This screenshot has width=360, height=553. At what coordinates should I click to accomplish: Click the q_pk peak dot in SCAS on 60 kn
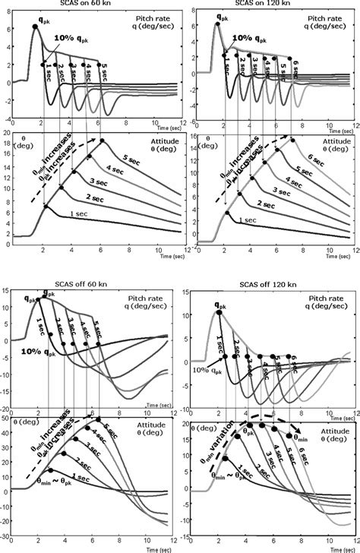pyautogui.click(x=35, y=27)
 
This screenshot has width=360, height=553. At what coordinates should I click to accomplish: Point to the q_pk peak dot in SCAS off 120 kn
pyautogui.click(x=219, y=311)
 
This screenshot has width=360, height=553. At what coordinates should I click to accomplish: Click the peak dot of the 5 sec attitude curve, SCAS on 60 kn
pyautogui.click(x=103, y=140)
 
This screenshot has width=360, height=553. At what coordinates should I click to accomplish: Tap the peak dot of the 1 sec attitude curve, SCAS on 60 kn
pyautogui.click(x=46, y=205)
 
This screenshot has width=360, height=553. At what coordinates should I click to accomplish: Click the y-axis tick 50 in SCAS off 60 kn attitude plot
pyautogui.click(x=8, y=419)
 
